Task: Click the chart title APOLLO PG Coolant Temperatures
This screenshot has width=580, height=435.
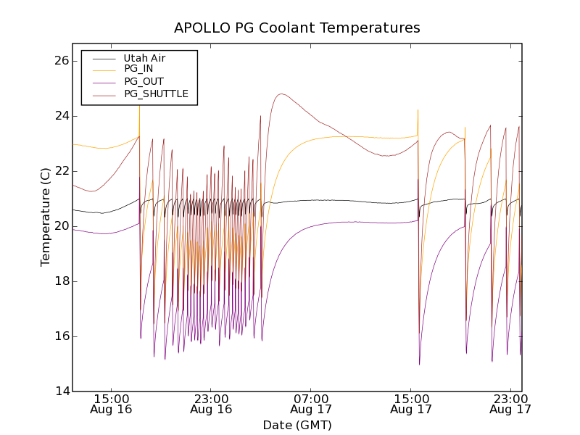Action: click(297, 28)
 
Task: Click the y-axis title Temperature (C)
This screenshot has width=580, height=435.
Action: click(46, 217)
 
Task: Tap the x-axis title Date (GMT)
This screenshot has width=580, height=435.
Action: click(297, 425)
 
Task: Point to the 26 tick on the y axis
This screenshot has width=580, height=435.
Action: click(60, 61)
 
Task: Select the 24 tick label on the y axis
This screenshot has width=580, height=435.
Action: click(60, 116)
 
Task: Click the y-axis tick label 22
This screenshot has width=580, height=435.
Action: click(60, 171)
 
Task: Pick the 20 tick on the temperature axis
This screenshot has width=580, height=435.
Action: click(60, 226)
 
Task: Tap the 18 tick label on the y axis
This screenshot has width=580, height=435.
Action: click(60, 281)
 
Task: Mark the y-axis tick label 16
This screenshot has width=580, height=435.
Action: click(60, 336)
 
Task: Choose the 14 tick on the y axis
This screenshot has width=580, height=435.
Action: click(60, 391)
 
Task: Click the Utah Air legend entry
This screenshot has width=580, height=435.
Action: click(145, 58)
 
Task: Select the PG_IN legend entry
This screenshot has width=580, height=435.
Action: click(138, 69)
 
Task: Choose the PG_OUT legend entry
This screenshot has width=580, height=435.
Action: click(144, 81)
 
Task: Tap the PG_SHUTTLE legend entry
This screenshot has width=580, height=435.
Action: click(156, 94)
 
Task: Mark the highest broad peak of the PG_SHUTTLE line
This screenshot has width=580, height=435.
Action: click(281, 94)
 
